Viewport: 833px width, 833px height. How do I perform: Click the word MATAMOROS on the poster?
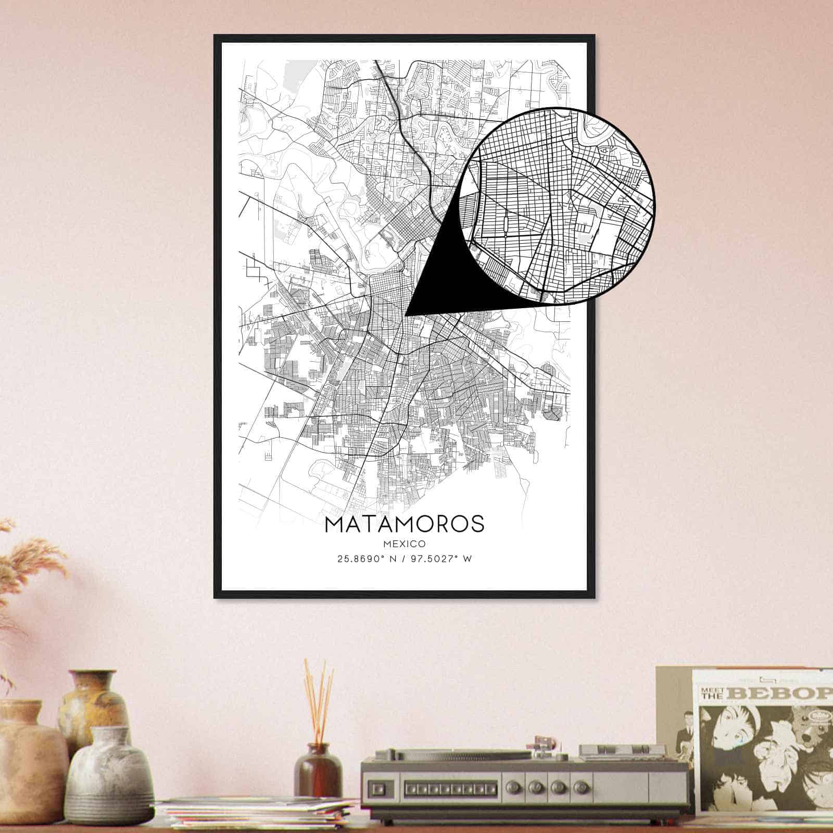(404, 524)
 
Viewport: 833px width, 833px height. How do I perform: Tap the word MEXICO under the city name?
(404, 544)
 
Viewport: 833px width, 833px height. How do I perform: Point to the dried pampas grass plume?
(31, 562)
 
